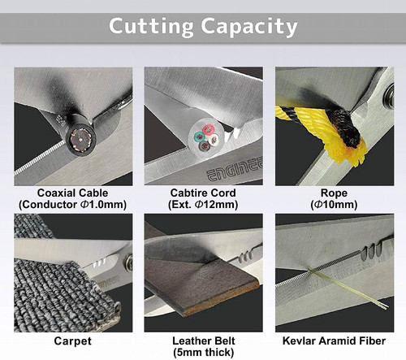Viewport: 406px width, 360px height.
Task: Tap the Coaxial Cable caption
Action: point(73,193)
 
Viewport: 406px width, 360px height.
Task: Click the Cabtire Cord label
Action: point(203,193)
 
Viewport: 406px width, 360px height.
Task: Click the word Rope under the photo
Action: point(333,193)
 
